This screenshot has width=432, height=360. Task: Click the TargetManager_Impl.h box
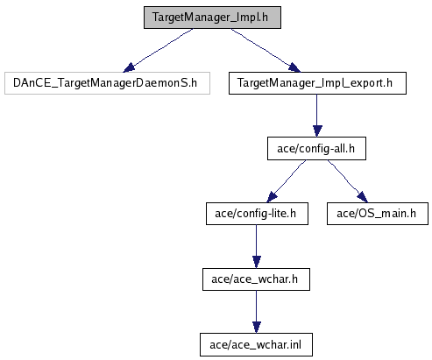(x=212, y=18)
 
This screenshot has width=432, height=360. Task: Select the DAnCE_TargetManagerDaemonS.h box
(x=107, y=83)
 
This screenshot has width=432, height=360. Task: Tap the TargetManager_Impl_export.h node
(x=317, y=83)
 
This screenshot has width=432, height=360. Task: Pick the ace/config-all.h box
(x=316, y=149)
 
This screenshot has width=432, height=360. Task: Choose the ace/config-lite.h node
(x=257, y=214)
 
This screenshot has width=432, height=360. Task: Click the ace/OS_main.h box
(x=378, y=214)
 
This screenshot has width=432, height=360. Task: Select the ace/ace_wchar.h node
(x=256, y=279)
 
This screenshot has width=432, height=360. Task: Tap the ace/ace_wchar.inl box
(x=256, y=345)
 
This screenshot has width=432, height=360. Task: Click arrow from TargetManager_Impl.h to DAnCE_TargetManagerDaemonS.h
(x=158, y=50)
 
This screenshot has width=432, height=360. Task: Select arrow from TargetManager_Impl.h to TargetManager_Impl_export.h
(x=266, y=50)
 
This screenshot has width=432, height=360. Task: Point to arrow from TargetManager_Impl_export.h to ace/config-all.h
(x=317, y=116)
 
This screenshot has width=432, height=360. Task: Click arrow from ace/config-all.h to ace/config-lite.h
(x=287, y=181)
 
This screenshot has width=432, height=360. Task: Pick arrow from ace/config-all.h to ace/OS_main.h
(x=348, y=181)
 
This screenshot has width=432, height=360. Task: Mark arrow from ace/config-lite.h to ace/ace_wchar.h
(x=257, y=246)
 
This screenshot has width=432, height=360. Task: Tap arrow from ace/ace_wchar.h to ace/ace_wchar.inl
(x=257, y=312)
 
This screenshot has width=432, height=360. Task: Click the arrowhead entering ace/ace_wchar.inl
(x=257, y=328)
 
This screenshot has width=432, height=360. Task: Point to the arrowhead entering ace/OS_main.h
(x=363, y=197)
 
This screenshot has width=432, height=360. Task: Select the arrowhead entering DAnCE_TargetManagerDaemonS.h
(x=129, y=68)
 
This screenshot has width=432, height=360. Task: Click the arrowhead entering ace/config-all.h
(x=317, y=131)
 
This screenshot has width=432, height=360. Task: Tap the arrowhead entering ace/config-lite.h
(x=272, y=197)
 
